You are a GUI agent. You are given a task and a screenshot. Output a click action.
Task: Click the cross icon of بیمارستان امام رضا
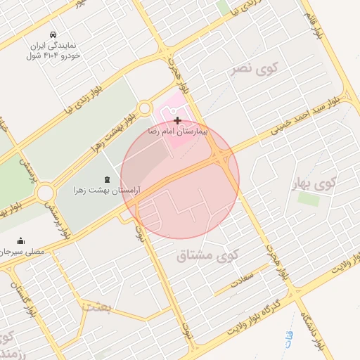177,121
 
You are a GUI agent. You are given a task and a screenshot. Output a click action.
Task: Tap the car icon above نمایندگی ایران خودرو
53,34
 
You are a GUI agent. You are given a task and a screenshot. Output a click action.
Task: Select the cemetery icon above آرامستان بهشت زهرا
107,179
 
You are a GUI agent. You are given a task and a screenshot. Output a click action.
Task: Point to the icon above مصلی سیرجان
20,241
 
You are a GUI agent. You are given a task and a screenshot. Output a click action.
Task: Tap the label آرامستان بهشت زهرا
107,190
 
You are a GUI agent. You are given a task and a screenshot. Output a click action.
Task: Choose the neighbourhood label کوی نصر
254,70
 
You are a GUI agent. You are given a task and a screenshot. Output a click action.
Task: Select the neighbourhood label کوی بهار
314,184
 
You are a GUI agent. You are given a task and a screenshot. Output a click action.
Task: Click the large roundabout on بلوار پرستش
46,192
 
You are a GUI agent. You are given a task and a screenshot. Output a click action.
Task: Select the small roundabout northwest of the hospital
144,108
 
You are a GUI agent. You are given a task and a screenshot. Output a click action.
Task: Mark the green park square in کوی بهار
308,198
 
